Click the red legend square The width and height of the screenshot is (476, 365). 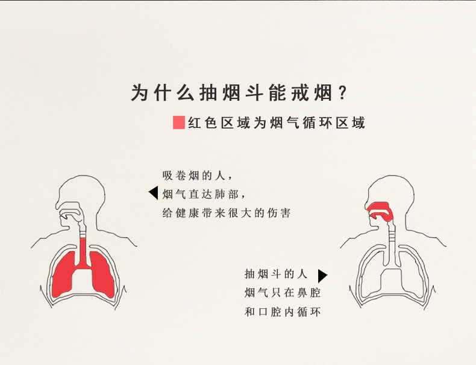click(x=178, y=122)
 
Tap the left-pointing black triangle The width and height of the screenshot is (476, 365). click(x=153, y=193)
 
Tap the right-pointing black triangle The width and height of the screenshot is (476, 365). click(x=322, y=276)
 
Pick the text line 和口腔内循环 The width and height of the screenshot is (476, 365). click(x=283, y=312)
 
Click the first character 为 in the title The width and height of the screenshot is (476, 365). click(x=139, y=93)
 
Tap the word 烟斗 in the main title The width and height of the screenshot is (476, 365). click(x=248, y=93)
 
